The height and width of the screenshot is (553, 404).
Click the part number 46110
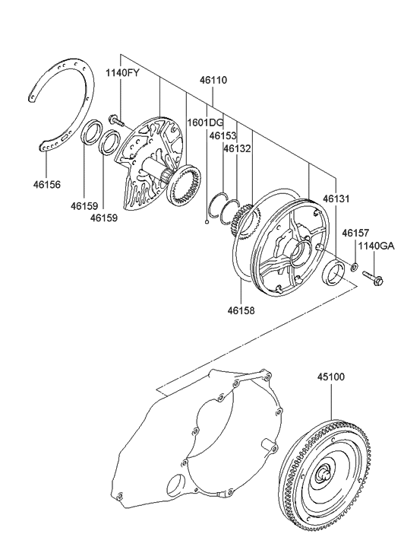[213, 79]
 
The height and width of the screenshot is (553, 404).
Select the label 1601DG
[206, 122]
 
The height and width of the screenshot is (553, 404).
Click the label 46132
[236, 149]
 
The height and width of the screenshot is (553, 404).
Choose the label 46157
[354, 233]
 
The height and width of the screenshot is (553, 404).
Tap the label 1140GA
[376, 246]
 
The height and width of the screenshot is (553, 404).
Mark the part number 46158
[241, 310]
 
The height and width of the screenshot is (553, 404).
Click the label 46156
[46, 184]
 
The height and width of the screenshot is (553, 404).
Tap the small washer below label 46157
[354, 267]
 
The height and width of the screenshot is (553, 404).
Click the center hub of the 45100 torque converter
[326, 476]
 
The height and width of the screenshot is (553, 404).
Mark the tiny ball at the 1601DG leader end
[207, 223]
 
